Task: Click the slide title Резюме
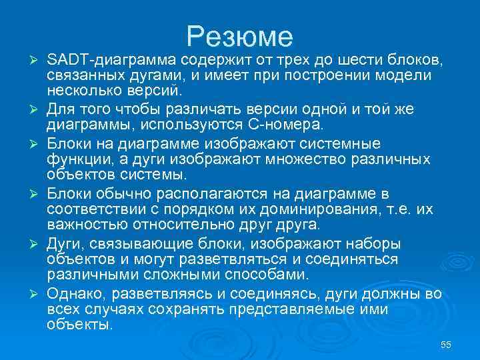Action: [240, 35]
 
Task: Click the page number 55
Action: [446, 344]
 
